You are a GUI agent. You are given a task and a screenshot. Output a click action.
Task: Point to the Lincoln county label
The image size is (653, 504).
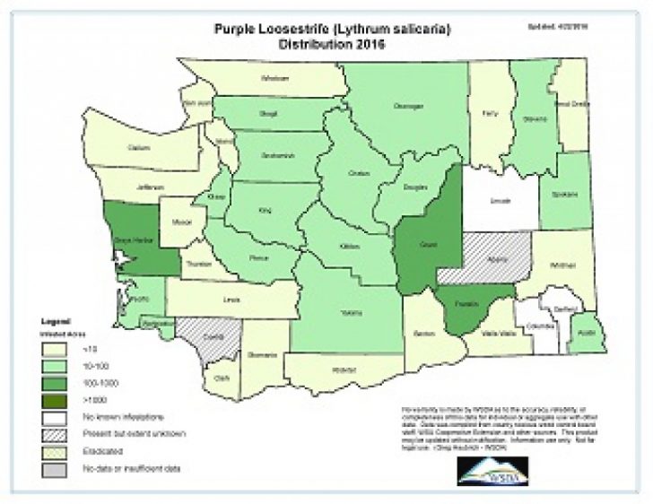[x=501, y=201]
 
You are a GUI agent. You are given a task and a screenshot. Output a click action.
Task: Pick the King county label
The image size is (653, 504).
[x=265, y=212]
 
